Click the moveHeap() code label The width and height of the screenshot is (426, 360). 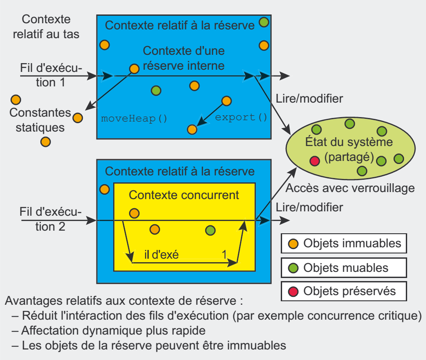tap(134, 118)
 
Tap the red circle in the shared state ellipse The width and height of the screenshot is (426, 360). tap(315, 161)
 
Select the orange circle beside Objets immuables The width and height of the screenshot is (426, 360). tap(294, 244)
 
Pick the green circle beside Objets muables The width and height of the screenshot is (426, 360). tap(294, 267)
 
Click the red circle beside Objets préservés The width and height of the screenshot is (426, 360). tap(294, 291)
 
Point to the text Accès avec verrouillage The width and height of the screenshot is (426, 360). tap(350, 188)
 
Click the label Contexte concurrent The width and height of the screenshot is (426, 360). tap(184, 195)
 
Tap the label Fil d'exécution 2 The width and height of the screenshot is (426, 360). tap(50, 219)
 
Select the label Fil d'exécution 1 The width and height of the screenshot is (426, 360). tap(50, 75)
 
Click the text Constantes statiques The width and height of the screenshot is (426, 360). tap(40, 120)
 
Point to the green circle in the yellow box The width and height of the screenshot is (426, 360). tap(211, 230)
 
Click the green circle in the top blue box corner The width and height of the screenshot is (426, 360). tap(264, 21)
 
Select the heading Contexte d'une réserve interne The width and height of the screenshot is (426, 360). tap(184, 58)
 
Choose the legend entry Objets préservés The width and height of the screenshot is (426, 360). tap(349, 291)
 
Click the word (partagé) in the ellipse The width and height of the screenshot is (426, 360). tap(349, 157)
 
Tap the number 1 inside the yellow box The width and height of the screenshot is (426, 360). tap(224, 254)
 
